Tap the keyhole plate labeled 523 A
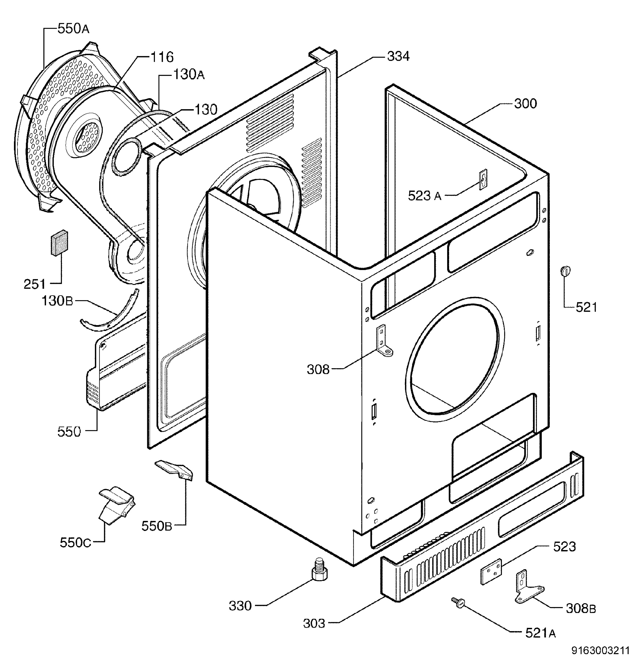(483, 179)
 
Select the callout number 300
(526, 103)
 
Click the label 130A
(189, 75)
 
